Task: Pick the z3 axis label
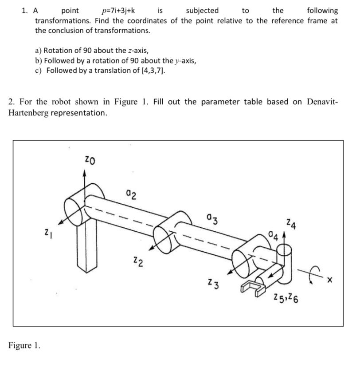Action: pyautogui.click(x=213, y=283)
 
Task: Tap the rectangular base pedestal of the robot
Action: pyautogui.click(x=86, y=249)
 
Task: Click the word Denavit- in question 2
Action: pyautogui.click(x=321, y=102)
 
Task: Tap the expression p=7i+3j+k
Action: pyautogui.click(x=118, y=10)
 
